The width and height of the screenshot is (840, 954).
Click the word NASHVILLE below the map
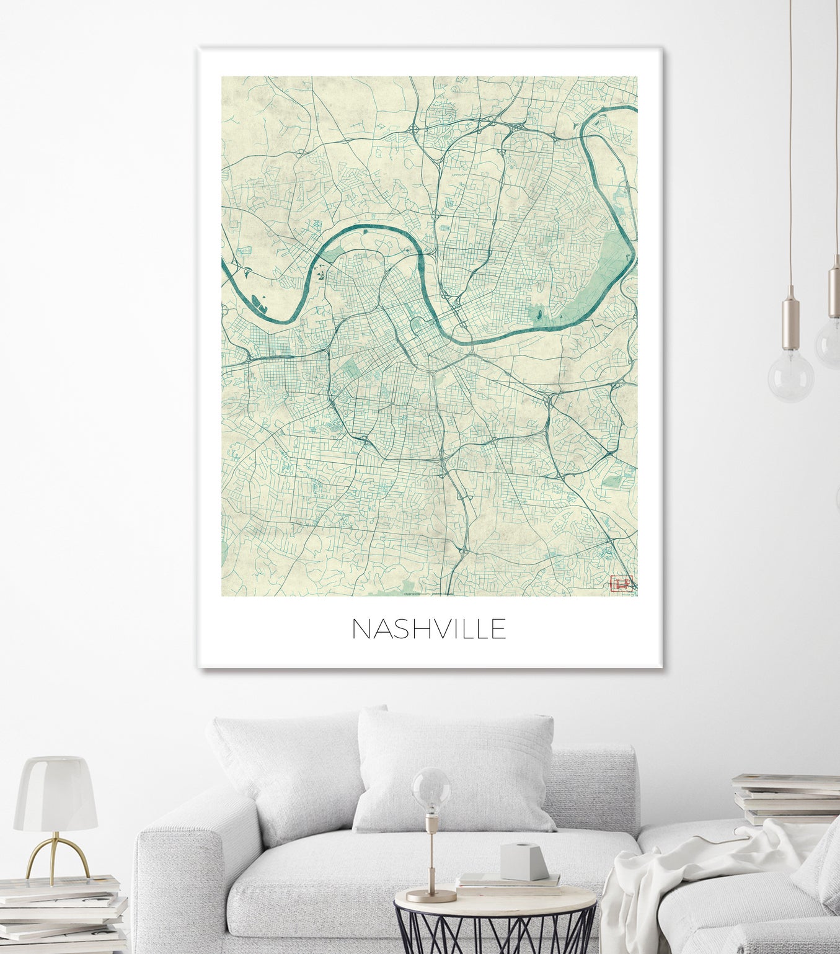click(x=429, y=629)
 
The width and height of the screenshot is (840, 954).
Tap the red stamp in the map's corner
click(x=621, y=584)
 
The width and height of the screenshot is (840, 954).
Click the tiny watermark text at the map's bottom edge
click(x=428, y=594)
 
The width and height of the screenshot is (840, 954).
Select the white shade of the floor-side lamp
click(x=56, y=795)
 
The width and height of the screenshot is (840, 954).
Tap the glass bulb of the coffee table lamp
click(x=431, y=790)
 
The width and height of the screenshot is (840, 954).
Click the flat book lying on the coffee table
click(x=508, y=881)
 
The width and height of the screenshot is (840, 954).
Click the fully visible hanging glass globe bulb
click(x=791, y=375)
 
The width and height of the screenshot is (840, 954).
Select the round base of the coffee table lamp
click(x=431, y=896)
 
